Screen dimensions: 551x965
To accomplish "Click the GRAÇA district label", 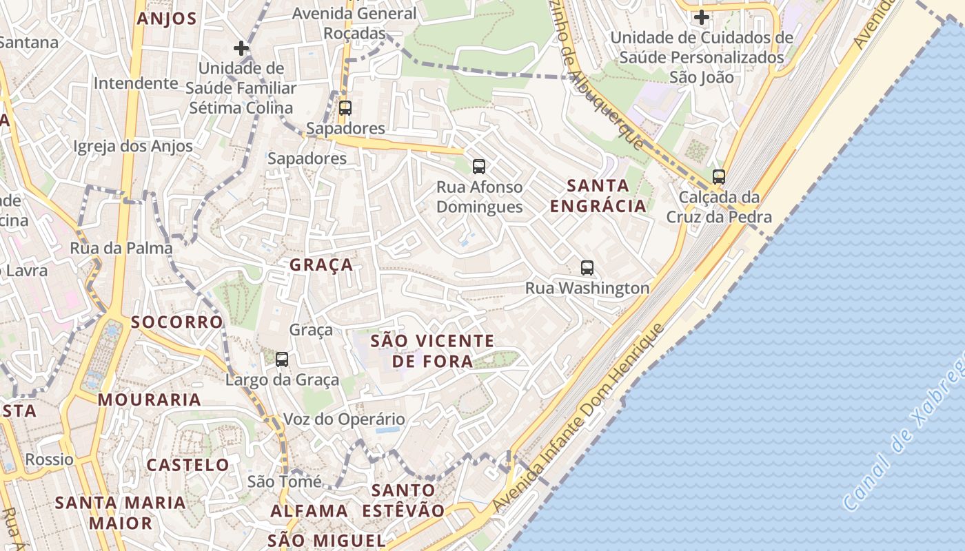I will pyautogui.click(x=321, y=265).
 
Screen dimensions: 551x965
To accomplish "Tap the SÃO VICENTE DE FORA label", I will pyautogui.click(x=432, y=351).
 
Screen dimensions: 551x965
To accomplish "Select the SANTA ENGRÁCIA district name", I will pyautogui.click(x=598, y=195).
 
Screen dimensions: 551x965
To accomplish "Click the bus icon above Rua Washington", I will pyautogui.click(x=587, y=268).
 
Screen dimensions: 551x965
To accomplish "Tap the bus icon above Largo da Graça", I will pyautogui.click(x=282, y=359).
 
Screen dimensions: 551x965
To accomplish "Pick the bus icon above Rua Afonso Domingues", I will pyautogui.click(x=479, y=166).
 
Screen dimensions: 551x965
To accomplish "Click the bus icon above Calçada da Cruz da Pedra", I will pyautogui.click(x=719, y=176).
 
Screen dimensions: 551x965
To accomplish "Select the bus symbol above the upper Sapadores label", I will pyautogui.click(x=345, y=107).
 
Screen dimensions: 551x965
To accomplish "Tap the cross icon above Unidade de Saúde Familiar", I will pyautogui.click(x=241, y=48).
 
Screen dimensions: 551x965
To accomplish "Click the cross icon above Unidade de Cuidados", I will pyautogui.click(x=702, y=17).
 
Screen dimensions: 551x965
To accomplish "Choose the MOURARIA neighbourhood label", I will pyautogui.click(x=149, y=399).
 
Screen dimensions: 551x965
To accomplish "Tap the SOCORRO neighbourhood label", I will pyautogui.click(x=176, y=322).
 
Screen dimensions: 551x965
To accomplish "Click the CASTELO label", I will pyautogui.click(x=187, y=465).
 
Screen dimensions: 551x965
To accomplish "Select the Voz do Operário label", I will pyautogui.click(x=345, y=419).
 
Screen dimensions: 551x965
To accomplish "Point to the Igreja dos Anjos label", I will pyautogui.click(x=133, y=146).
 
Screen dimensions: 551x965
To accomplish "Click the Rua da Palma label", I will pyautogui.click(x=121, y=248).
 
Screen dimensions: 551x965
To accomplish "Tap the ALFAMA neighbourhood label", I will pyautogui.click(x=309, y=511).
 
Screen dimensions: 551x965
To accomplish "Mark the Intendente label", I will pyautogui.click(x=136, y=83).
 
